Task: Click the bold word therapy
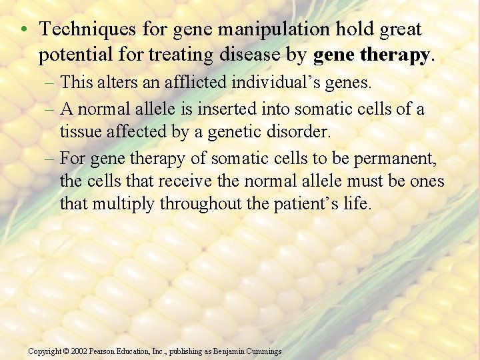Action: click(x=401, y=55)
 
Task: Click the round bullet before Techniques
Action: click(x=23, y=30)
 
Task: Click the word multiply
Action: click(x=124, y=204)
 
